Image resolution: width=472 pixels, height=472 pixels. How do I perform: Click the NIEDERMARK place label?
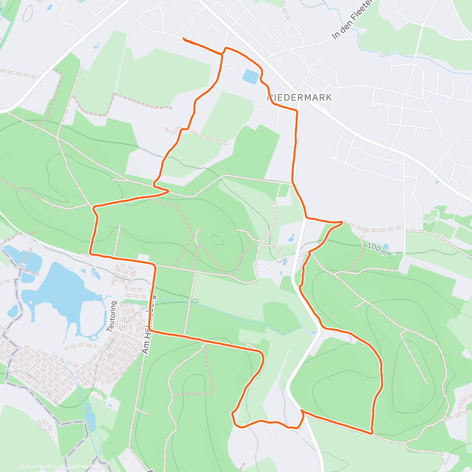pyautogui.click(x=300, y=98)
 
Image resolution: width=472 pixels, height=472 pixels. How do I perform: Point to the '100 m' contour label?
pyautogui.click(x=377, y=249)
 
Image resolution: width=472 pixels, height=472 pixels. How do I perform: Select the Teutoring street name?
pyautogui.click(x=112, y=316)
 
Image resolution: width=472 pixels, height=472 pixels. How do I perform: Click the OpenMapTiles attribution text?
pyautogui.click(x=38, y=467)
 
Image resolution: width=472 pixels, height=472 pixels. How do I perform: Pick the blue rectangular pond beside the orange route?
pyautogui.click(x=251, y=76)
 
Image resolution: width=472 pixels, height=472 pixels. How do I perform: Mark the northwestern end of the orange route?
pyautogui.click(x=184, y=38)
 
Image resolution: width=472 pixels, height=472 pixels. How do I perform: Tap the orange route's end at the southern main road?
pyautogui.click(x=302, y=411)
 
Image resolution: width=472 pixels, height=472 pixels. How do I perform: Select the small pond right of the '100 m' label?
pyautogui.click(x=386, y=247)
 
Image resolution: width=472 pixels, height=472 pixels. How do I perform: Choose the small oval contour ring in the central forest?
pyautogui.click(x=216, y=239)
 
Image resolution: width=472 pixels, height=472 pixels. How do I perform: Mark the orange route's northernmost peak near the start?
pyautogui.click(x=225, y=48)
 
